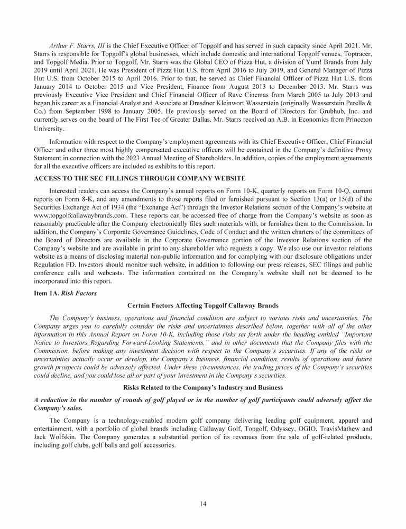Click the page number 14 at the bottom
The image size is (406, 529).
click(203, 503)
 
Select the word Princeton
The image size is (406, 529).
click(356, 120)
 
